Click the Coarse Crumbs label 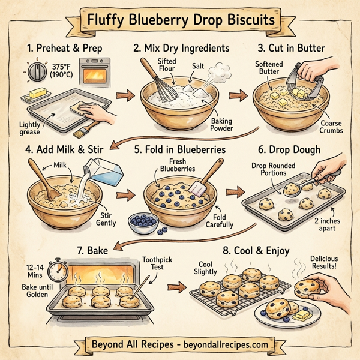pos(331,127)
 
